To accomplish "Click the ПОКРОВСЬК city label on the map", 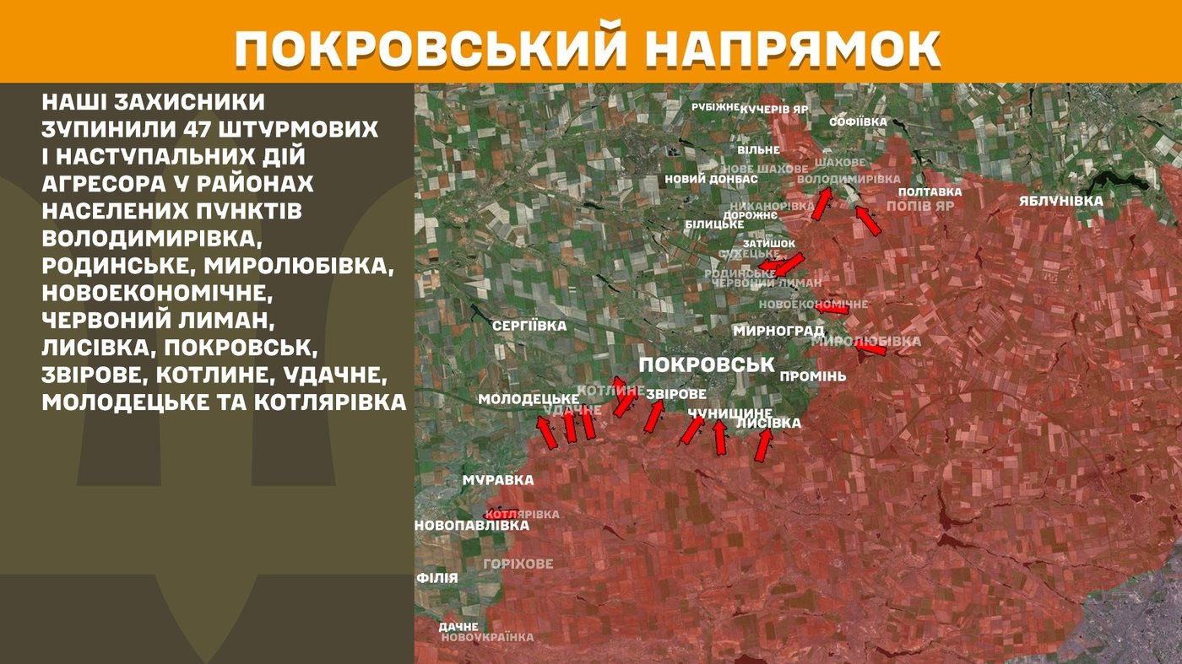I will [707, 364].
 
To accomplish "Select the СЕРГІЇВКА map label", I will [530, 326].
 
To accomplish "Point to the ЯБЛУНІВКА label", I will [1060, 201].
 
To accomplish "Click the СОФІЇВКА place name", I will [859, 122].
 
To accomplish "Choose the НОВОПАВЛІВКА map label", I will [472, 525].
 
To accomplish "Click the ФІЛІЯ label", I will [437, 578].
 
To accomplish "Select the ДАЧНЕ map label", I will [458, 627].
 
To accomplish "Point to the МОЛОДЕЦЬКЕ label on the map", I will [528, 398].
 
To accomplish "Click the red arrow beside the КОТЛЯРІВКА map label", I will [500, 513].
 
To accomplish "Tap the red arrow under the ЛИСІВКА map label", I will [764, 445].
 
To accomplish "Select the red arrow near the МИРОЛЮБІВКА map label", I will [870, 348].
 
